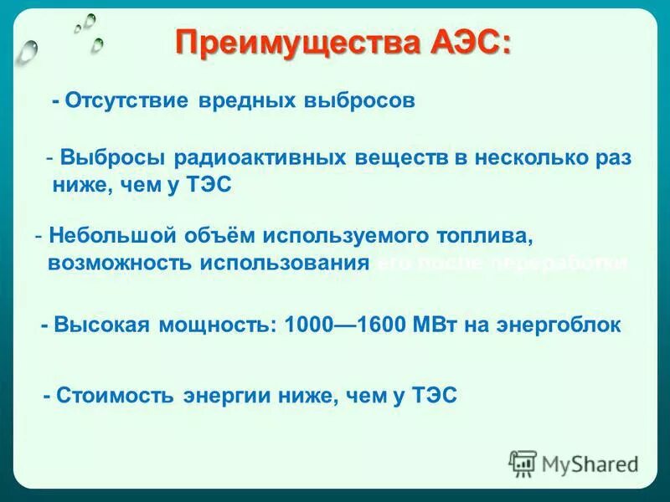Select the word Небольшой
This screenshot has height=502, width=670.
[105, 235]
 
